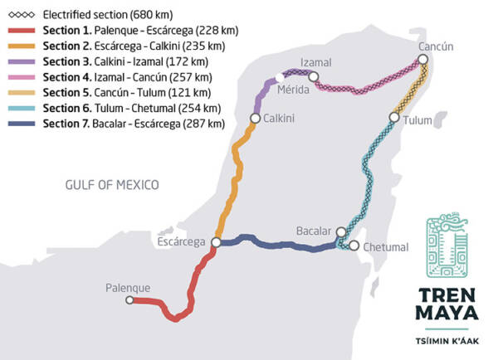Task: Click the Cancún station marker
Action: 423,60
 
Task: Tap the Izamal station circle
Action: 313,77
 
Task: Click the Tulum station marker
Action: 395,119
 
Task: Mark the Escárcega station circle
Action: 215,242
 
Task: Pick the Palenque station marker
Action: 129,300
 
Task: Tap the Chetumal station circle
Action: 354,246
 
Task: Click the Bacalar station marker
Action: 340,231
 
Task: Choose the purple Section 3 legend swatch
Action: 22,61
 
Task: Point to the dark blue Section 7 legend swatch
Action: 22,123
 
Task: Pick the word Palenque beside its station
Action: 128,288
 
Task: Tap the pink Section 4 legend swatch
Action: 22,77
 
